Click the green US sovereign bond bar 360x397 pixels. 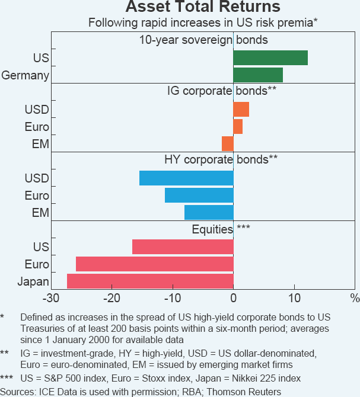click(x=270, y=57)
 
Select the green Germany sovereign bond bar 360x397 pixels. click(x=258, y=75)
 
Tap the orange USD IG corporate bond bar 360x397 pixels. click(x=241, y=110)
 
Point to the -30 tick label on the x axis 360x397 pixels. click(x=52, y=297)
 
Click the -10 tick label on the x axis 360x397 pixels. click(x=173, y=297)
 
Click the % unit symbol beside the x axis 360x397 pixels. click(x=355, y=297)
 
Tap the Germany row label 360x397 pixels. click(x=26, y=75)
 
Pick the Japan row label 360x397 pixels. click(x=33, y=281)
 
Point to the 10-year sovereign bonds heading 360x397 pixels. click(x=203, y=40)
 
